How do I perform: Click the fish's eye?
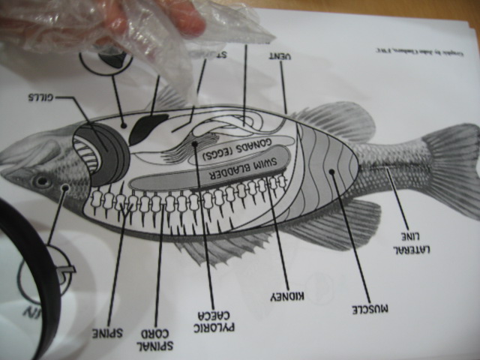tap(41, 181)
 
